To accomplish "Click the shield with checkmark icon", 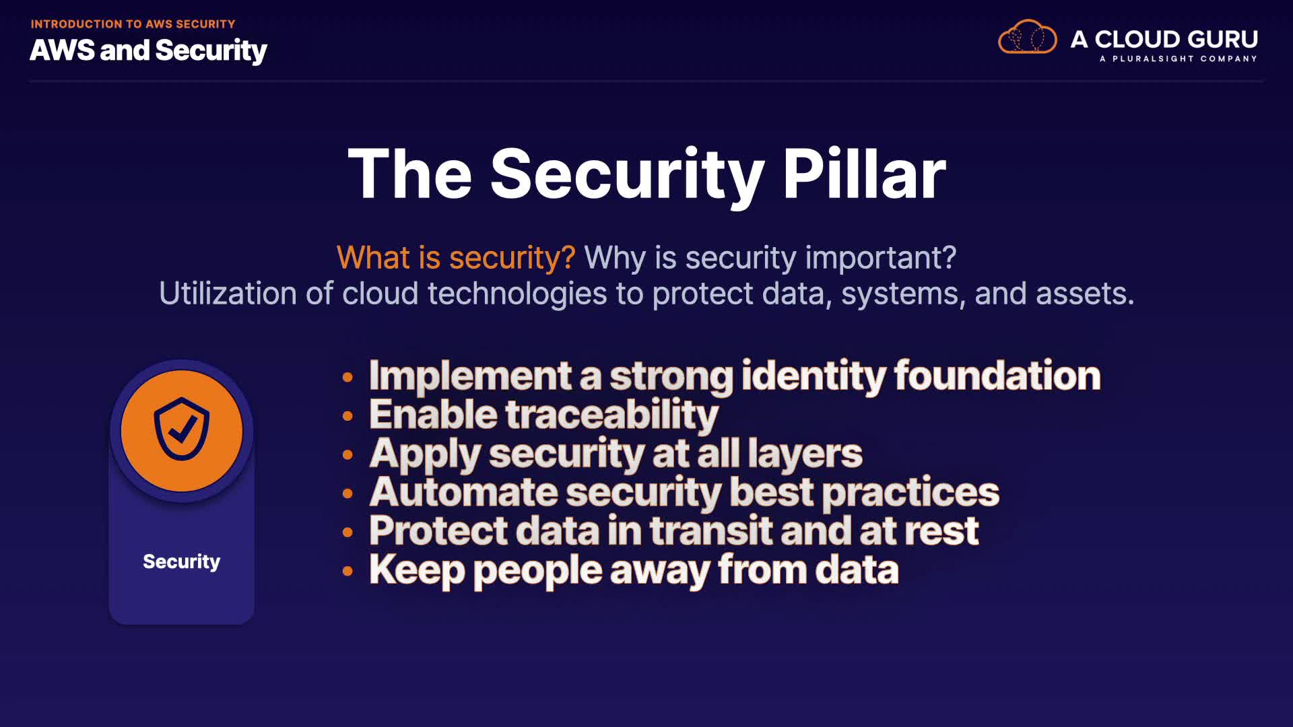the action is (182, 429).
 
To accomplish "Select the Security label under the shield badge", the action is (181, 561).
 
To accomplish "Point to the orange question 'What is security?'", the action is (456, 258).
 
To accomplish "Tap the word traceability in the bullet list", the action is (611, 415).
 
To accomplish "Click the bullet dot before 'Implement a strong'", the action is (347, 377).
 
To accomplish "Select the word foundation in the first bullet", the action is (997, 375).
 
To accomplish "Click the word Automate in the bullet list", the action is (463, 492).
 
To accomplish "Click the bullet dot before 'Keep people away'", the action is (347, 572).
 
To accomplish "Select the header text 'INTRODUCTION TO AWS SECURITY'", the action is (133, 24).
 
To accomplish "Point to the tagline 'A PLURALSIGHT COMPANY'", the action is (1179, 59).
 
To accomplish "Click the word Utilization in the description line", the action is (228, 293).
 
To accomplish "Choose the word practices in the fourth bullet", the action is (910, 493).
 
